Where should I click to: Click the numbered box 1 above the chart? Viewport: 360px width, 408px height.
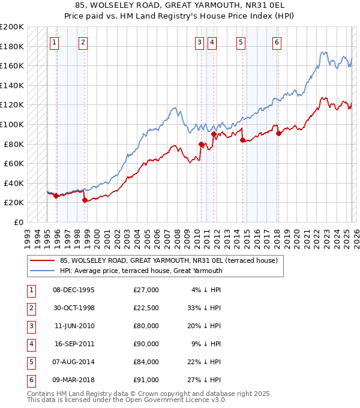coord(54,42)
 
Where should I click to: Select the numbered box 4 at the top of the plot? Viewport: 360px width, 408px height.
coord(213,42)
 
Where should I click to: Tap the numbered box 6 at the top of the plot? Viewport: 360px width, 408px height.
coord(277,42)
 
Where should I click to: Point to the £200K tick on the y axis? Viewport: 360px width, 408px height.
coord(12,27)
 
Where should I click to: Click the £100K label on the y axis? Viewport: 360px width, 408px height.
coord(12,124)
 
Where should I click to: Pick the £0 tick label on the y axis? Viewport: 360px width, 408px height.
coord(20,222)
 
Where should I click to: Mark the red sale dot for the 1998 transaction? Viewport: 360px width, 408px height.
coord(85,200)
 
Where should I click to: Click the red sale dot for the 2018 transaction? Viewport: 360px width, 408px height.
coord(278,134)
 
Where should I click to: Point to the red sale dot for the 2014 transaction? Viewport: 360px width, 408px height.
coord(242,140)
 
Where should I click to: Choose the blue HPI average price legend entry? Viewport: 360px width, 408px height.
coord(141,271)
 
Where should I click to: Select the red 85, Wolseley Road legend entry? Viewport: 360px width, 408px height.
coord(168,261)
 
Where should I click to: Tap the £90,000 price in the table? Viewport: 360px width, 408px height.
coord(146,344)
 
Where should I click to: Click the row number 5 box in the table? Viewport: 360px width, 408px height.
coord(30,362)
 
